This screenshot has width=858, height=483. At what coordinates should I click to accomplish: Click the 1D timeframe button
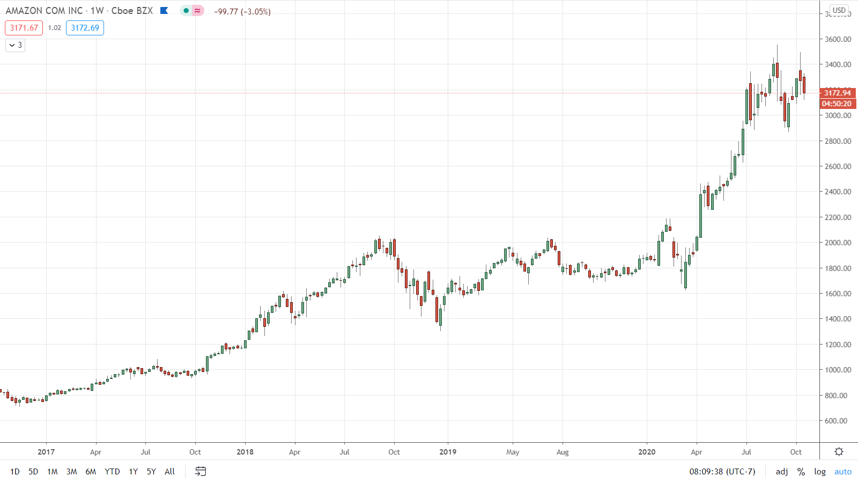tap(15, 472)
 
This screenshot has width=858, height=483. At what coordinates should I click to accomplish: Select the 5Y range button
tap(151, 472)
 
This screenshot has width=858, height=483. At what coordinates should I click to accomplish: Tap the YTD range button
tap(112, 472)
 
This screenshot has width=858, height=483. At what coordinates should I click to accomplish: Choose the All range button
tap(169, 472)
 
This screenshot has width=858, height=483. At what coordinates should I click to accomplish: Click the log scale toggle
tap(819, 472)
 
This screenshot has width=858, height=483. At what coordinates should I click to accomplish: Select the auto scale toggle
tap(842, 472)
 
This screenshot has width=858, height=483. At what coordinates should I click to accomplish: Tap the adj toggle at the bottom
tap(782, 472)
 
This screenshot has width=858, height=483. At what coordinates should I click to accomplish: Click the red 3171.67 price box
tap(24, 28)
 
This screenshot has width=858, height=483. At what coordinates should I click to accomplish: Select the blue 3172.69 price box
tap(85, 28)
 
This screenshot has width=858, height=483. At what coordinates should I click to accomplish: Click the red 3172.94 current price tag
tap(838, 93)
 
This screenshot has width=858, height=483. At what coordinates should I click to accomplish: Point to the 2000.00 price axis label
tap(838, 243)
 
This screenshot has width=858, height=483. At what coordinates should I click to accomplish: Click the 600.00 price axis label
tap(838, 421)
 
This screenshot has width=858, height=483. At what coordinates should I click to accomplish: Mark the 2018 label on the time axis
tap(245, 452)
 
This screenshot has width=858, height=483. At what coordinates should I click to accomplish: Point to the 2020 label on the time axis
tap(647, 452)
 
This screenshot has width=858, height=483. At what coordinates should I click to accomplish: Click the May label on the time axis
tap(513, 452)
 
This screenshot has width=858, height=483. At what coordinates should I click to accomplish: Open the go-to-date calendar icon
tap(201, 471)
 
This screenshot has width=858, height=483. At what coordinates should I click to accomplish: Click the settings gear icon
tap(839, 452)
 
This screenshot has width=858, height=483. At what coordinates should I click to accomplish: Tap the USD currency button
tap(839, 10)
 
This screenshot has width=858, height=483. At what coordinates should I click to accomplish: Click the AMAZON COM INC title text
tap(44, 11)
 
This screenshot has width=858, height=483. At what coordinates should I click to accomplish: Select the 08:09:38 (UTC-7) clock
tap(722, 472)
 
